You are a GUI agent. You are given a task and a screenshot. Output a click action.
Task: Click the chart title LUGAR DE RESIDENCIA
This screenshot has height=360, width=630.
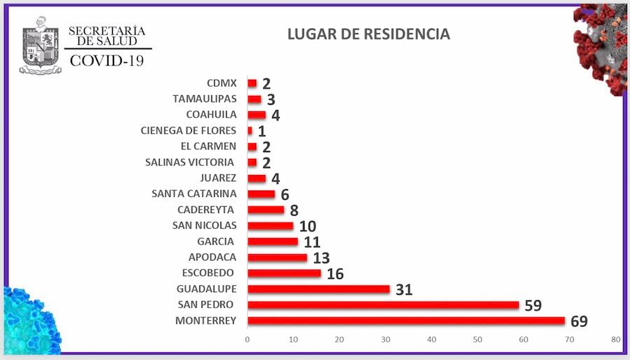click(368, 34)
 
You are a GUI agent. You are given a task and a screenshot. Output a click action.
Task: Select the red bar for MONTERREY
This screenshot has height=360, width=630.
click(406, 321)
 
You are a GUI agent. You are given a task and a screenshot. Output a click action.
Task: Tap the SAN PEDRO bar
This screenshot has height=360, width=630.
click(383, 305)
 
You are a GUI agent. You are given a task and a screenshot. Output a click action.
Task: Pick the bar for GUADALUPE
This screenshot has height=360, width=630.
click(318, 289)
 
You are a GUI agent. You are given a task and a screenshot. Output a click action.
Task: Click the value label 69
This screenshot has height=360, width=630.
click(578, 321)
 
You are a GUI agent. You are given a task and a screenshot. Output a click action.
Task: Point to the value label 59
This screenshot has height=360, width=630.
click(533, 305)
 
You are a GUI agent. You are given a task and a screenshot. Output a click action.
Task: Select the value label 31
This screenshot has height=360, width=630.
click(403, 289)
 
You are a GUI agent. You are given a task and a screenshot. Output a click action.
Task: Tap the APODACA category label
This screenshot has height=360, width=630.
click(212, 257)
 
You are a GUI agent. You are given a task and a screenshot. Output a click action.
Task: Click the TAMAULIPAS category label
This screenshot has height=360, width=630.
click(204, 99)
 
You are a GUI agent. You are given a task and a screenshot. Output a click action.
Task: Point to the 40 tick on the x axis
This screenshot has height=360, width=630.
click(431, 340)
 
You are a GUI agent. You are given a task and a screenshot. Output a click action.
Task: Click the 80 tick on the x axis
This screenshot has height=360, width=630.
click(615, 340)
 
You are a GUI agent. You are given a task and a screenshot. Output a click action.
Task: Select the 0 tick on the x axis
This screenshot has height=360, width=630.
click(247, 340)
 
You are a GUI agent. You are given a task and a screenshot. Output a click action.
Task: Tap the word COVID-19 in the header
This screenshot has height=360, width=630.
click(106, 61)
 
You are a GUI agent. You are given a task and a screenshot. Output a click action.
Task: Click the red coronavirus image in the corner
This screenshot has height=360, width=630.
click(601, 46)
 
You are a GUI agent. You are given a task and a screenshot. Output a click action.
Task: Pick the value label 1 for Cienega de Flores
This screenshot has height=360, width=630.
click(262, 131)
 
